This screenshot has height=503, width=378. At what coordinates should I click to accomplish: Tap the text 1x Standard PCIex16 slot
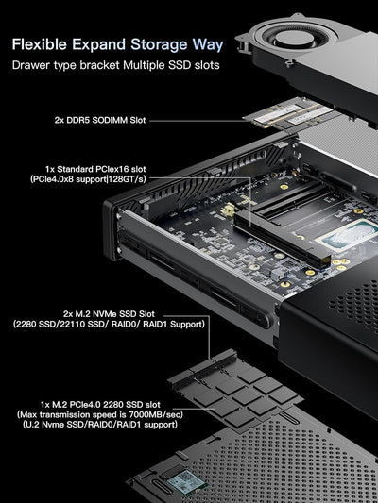(x=93, y=170)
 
